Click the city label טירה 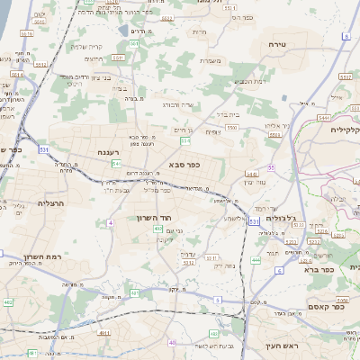pyautogui.click(x=276, y=43)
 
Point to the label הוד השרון pyautogui.click(x=179, y=219)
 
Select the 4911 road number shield pyautogui.click(x=104, y=332)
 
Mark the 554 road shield pyautogui.click(x=185, y=141)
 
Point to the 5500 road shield pyautogui.click(x=232, y=129)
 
